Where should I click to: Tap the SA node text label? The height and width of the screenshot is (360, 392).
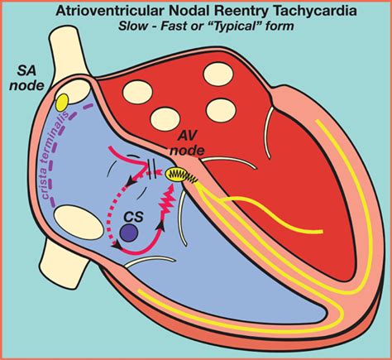coord(27,79)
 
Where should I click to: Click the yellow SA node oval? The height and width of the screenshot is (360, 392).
coord(62,102)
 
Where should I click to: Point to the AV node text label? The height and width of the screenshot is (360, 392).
coord(188,143)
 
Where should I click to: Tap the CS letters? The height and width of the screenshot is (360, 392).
coord(133,217)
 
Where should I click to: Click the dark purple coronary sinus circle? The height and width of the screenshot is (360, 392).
coord(129,233)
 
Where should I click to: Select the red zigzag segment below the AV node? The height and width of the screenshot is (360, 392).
coord(169,201)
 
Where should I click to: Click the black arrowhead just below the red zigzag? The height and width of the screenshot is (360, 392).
coord(161,226)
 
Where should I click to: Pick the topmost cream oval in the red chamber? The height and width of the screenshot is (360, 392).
coord(218,74)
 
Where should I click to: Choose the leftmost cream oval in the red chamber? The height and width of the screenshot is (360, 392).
coord(137,92)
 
